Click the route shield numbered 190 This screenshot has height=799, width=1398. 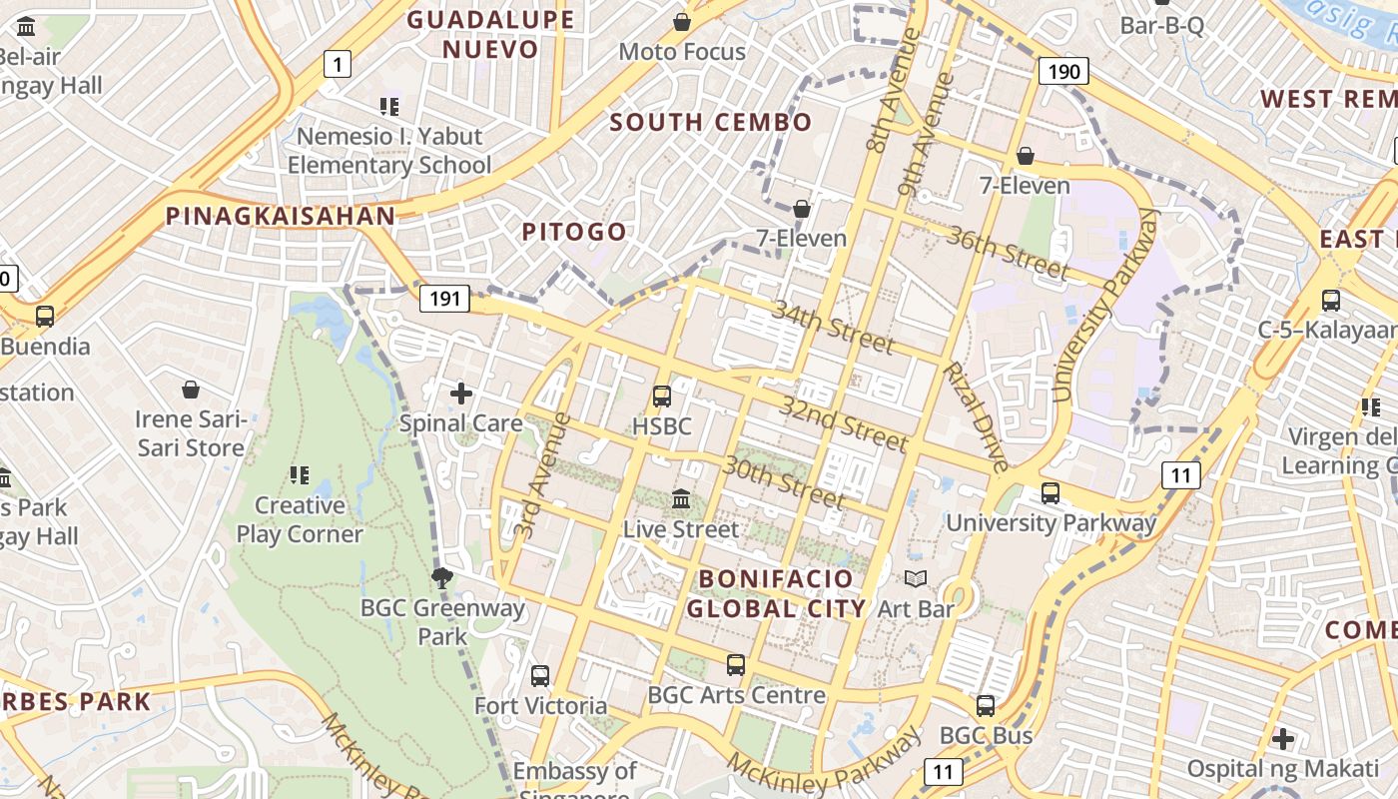(x=1063, y=71)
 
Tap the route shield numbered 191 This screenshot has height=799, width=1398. (x=445, y=298)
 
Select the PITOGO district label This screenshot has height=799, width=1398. (x=574, y=232)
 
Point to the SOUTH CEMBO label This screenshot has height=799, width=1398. (x=711, y=123)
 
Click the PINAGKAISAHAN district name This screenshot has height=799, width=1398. (x=281, y=216)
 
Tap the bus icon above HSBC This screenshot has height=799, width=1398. (x=661, y=397)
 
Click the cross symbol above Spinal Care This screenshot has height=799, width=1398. (x=461, y=394)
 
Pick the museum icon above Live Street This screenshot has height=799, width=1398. (x=681, y=498)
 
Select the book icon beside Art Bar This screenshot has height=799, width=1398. (x=915, y=578)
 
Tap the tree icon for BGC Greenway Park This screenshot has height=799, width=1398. (x=441, y=577)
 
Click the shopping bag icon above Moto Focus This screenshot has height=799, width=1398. (x=682, y=21)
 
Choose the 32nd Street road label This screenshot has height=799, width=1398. (x=844, y=423)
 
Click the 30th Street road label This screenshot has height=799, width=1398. (x=785, y=480)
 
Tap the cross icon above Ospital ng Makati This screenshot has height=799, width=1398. (x=1283, y=739)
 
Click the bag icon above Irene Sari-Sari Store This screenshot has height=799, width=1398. (x=191, y=389)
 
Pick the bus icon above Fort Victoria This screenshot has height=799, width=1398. (x=540, y=676)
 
